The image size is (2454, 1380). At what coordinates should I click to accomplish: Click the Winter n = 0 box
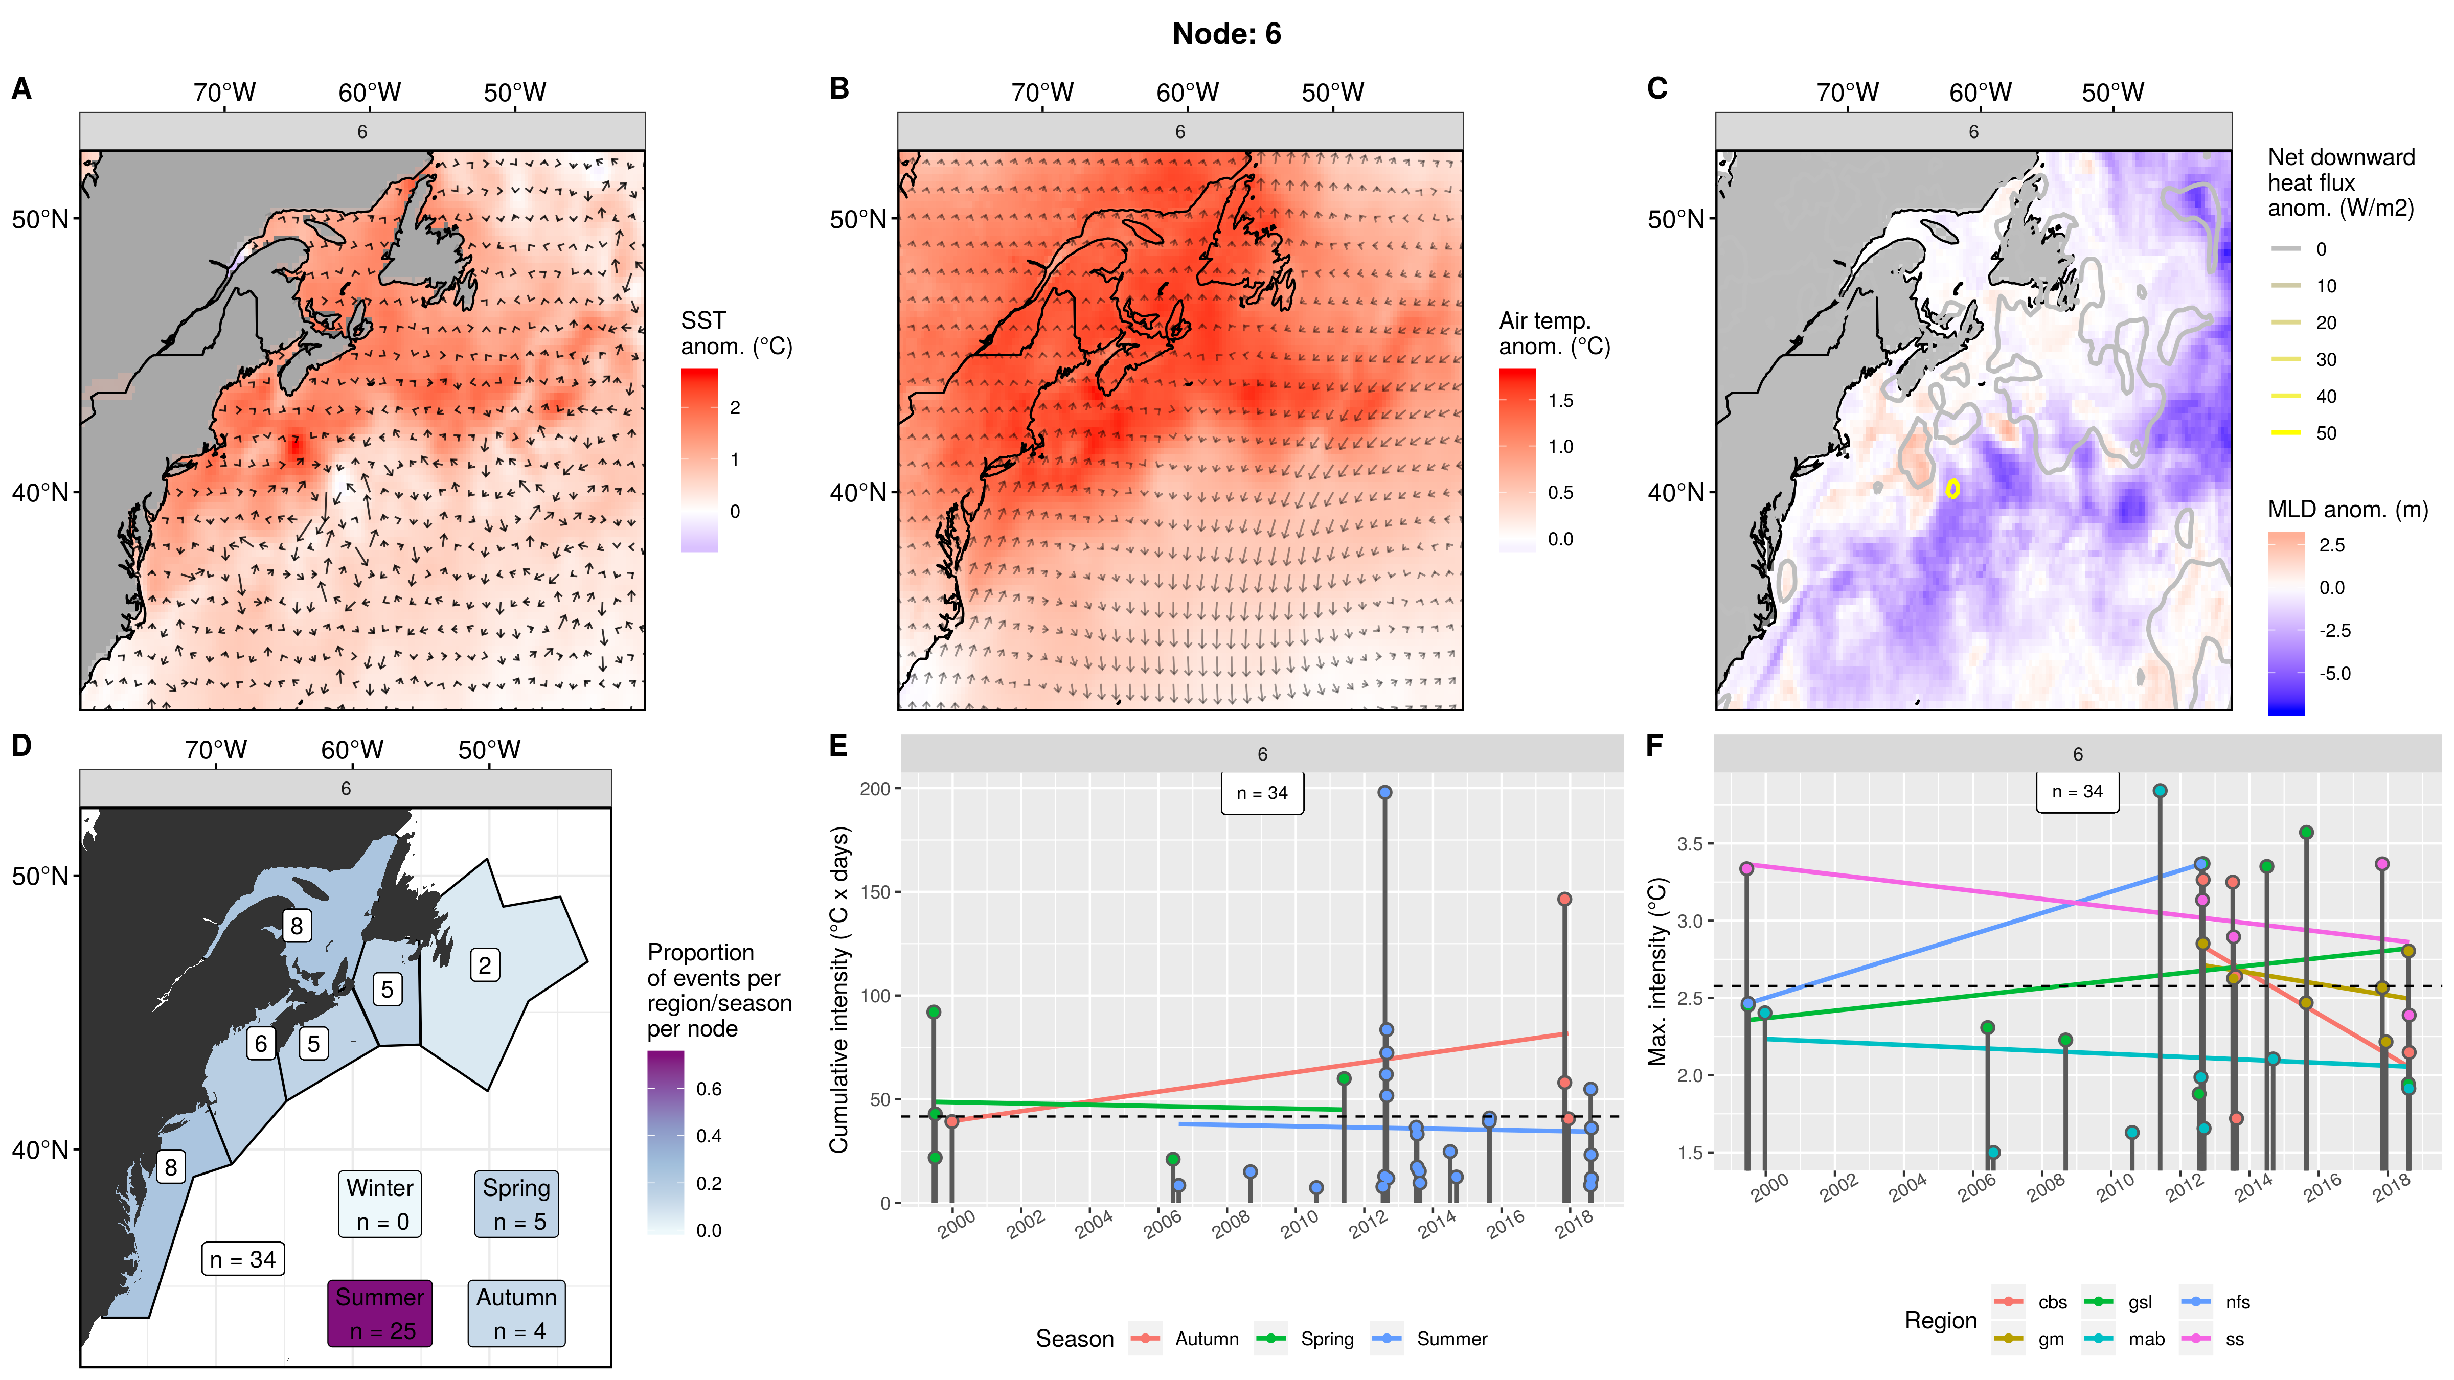point(380,1204)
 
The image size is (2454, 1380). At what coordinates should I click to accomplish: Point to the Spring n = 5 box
point(516,1204)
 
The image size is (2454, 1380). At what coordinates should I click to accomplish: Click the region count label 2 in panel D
point(485,965)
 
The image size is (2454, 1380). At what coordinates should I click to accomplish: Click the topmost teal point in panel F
point(2160,791)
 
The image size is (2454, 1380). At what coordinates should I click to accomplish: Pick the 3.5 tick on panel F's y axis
point(1689,844)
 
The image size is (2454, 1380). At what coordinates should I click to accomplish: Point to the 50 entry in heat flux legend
point(2325,433)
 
